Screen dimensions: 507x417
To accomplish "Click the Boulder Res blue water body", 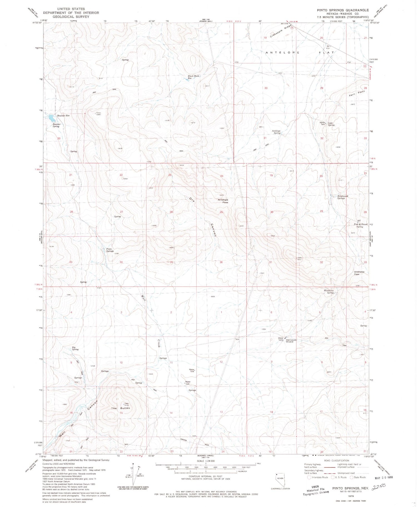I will pyautogui.click(x=52, y=118).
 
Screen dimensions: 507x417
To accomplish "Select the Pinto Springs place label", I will pyautogui.click(x=110, y=250).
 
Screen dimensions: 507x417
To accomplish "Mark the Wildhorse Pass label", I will pyautogui.click(x=359, y=273).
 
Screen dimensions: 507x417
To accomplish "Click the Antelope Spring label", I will pyautogui.click(x=277, y=132).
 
